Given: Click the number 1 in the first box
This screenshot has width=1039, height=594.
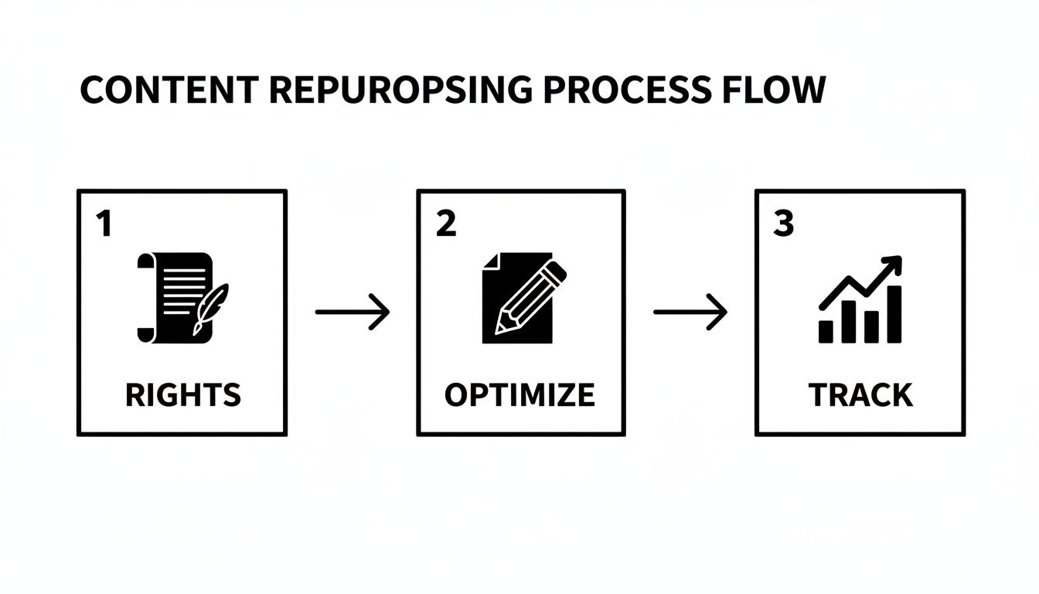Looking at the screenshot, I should click(x=103, y=224).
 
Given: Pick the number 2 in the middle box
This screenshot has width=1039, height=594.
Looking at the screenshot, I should click(x=446, y=224).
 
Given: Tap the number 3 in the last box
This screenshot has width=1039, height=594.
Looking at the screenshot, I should click(x=783, y=224).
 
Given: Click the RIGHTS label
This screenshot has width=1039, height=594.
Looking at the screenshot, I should click(x=182, y=395).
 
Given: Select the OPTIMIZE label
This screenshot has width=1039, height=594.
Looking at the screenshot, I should click(x=519, y=395).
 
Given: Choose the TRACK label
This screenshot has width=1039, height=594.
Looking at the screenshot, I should click(x=860, y=395).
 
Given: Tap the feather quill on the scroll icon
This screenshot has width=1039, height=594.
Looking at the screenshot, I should click(x=210, y=306).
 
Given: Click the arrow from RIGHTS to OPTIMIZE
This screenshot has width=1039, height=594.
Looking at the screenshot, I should click(x=352, y=312).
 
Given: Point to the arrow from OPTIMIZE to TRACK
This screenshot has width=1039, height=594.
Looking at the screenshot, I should click(x=690, y=312).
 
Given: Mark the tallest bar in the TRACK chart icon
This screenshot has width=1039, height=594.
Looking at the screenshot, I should click(x=894, y=313).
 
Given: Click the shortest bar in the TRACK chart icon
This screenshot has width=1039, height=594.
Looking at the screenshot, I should click(x=826, y=330).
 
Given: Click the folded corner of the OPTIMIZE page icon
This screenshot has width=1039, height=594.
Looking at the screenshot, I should click(x=489, y=261).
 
